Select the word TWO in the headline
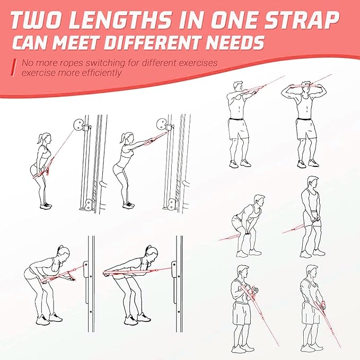click(x=42, y=20)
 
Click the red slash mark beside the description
click(x=14, y=67)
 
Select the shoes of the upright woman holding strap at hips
click(x=47, y=205)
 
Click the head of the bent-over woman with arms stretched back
click(x=151, y=251)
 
